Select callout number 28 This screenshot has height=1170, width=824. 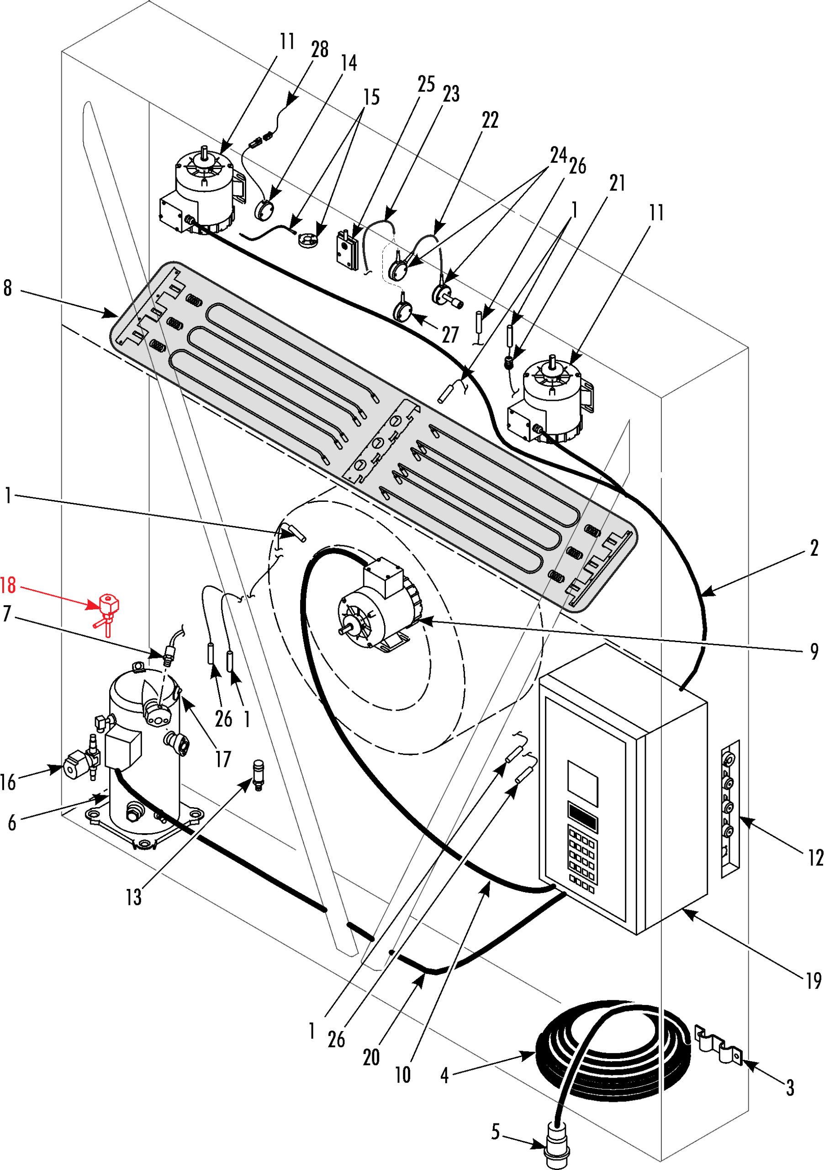(320, 49)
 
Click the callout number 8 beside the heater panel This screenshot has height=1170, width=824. (7, 288)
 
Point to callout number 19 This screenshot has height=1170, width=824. (814, 980)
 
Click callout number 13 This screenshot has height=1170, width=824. (133, 897)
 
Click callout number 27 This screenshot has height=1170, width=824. (450, 335)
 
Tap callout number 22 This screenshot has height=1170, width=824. (491, 120)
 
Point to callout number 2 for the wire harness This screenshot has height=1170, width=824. (814, 548)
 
